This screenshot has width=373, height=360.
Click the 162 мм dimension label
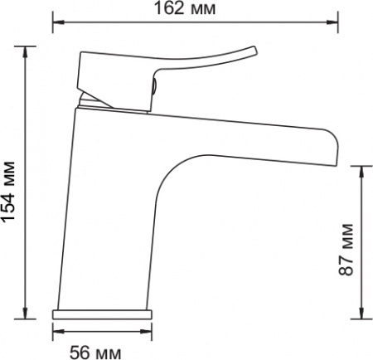tap(185, 8)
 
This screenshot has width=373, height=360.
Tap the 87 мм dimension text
tap(346, 249)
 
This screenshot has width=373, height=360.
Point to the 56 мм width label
tap(95, 353)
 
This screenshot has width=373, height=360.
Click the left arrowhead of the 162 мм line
tap(57, 22)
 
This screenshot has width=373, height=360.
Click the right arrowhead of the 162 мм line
tap(332, 22)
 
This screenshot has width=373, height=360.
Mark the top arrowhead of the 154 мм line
tap(25, 51)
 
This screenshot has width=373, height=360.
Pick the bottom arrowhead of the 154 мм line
tap(25, 313)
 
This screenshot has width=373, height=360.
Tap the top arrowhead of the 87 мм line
tap(361, 172)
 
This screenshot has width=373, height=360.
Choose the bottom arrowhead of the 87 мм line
tap(361, 313)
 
